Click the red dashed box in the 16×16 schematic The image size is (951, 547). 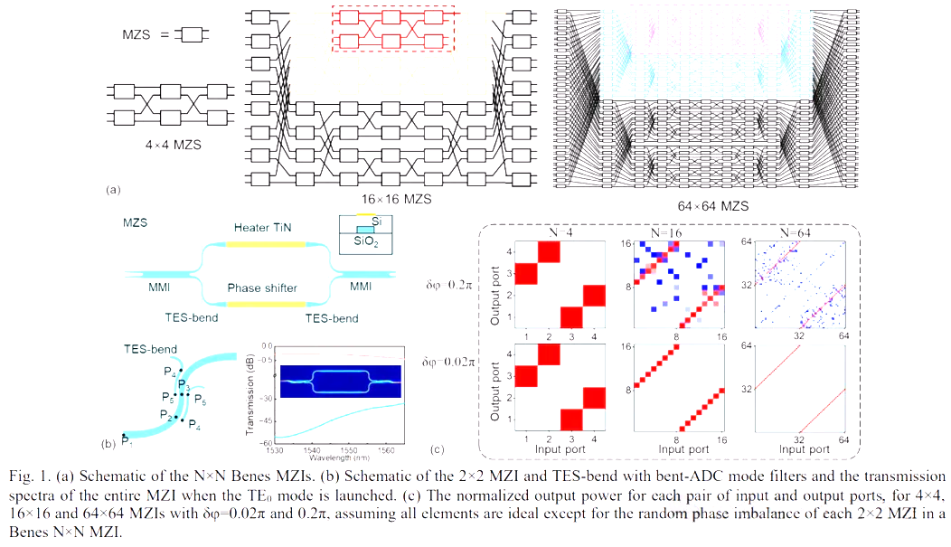[393, 29]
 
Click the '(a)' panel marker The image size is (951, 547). [113, 189]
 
